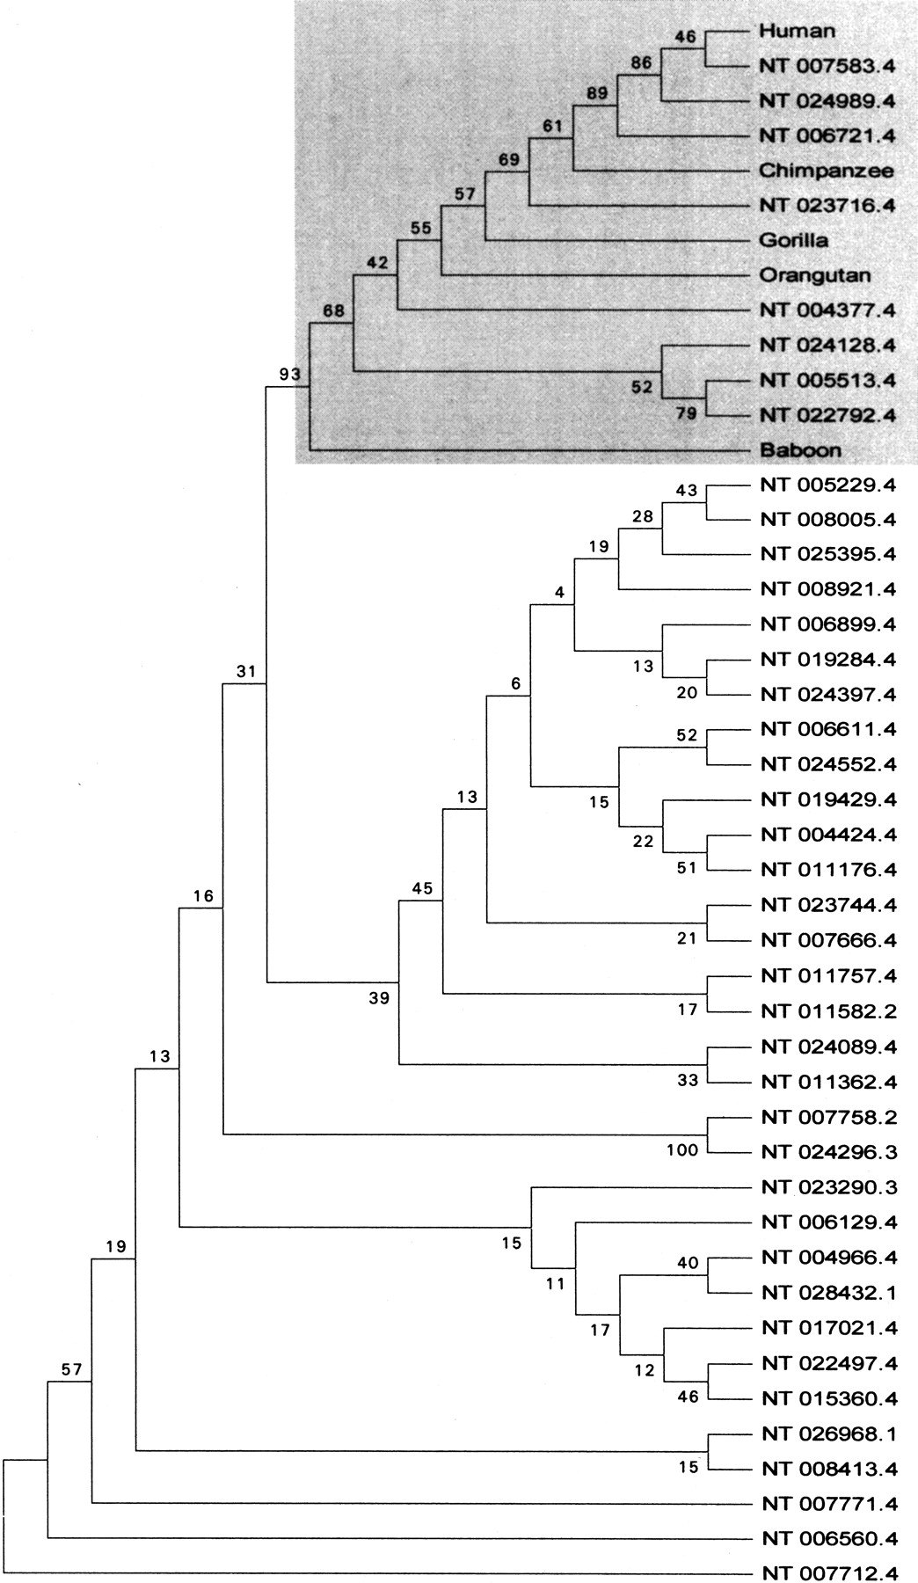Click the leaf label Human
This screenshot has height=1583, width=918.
pos(797,31)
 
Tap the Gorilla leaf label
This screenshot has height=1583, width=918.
pos(794,240)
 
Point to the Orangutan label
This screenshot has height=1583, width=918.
pos(815,275)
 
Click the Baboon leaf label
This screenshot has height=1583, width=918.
pos(800,450)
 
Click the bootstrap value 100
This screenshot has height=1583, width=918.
pos(682,1149)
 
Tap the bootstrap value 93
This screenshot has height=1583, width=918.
pos(290,375)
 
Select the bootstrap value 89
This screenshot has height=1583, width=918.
pos(598,94)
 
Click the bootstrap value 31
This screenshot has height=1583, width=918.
pos(245,672)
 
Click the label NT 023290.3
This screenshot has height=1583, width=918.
pos(828,1187)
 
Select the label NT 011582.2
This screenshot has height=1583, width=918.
pos(828,1011)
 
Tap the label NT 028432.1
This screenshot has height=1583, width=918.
pos(828,1293)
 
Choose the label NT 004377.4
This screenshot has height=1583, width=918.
pos(828,310)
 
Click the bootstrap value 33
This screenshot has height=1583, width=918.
pos(687,1079)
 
